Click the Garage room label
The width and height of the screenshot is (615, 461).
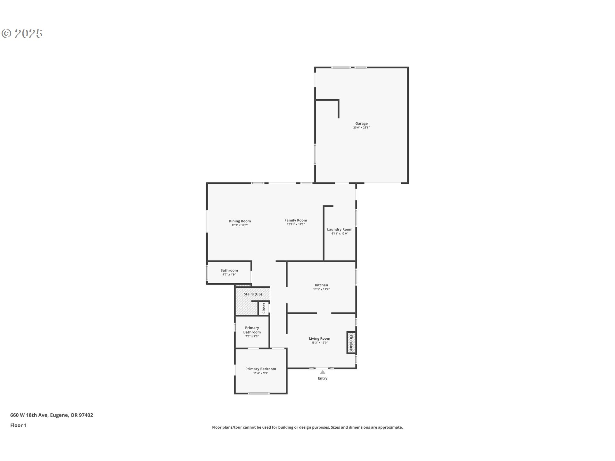coord(361,124)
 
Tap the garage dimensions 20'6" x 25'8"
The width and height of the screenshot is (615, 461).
coord(361,128)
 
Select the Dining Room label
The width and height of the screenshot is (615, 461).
coord(240,221)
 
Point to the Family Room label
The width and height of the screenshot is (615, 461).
coord(296,220)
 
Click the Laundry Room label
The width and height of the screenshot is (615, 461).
coord(340,230)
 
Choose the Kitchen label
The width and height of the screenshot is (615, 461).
coord(321,285)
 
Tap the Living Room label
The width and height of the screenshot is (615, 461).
coord(319,339)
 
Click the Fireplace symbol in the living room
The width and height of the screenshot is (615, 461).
coord(351,343)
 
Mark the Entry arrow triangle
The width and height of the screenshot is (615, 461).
coord(323,372)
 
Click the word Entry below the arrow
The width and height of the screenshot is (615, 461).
coord(323,378)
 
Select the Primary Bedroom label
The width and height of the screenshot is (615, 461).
coord(261,369)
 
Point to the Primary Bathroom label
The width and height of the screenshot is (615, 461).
coord(252,330)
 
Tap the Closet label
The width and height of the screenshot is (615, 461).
coord(264,308)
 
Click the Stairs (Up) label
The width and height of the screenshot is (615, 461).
coord(253,294)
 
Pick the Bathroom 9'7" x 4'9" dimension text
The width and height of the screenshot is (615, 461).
coord(229,275)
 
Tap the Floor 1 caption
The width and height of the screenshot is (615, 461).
coord(19,425)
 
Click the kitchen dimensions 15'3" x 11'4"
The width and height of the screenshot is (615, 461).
coord(321,289)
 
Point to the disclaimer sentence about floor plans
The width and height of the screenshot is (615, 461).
coord(307,427)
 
